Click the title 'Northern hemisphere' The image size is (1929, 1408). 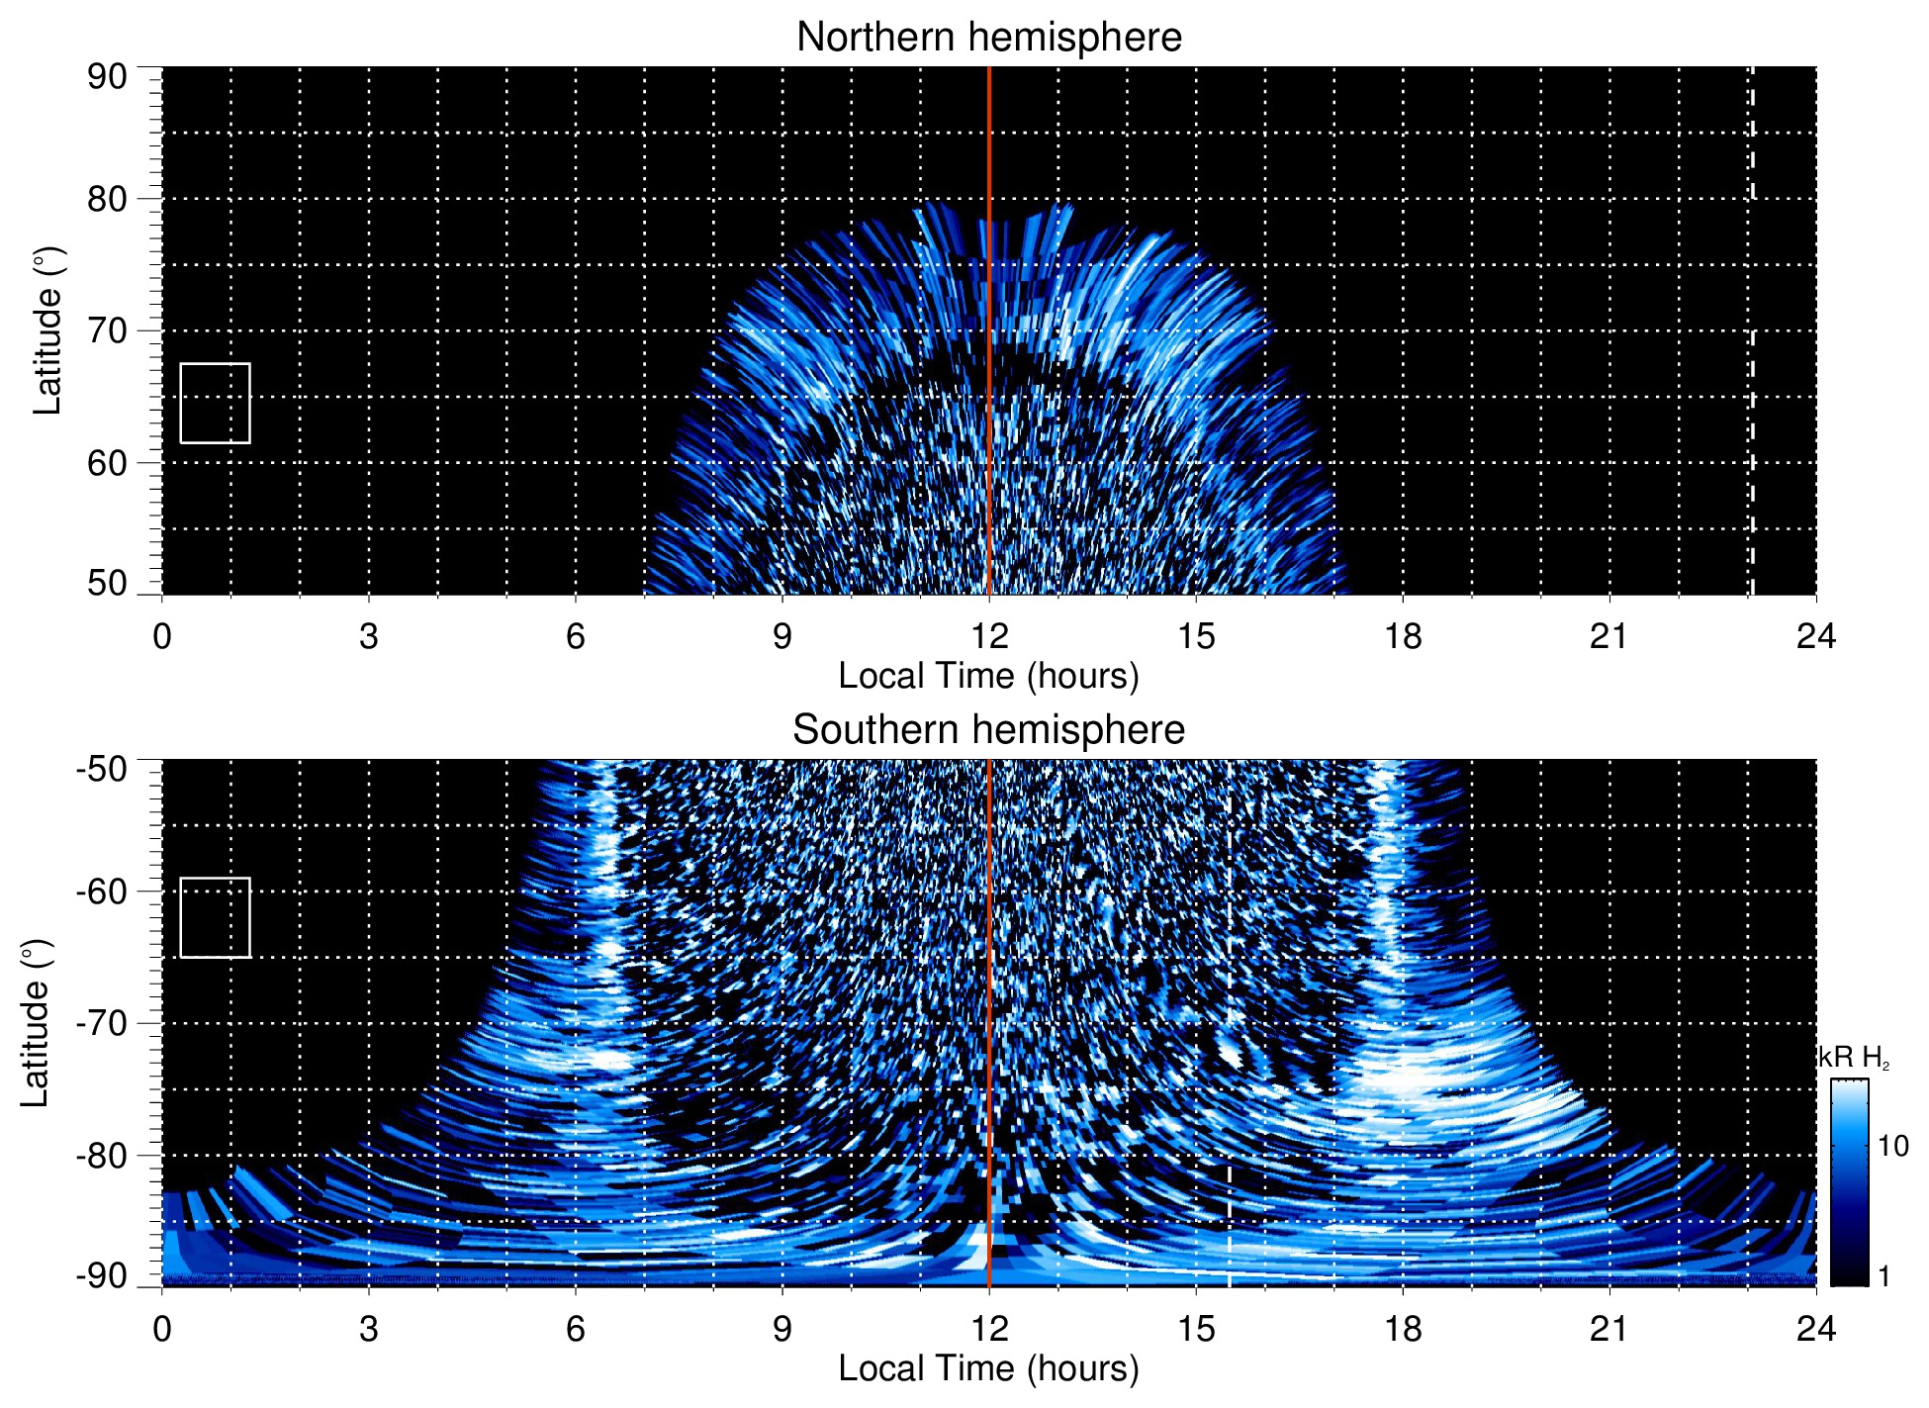988,38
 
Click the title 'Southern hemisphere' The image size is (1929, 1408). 988,730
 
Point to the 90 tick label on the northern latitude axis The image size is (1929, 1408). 107,77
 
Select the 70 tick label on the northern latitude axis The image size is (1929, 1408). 107,330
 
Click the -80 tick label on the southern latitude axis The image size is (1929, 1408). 102,1155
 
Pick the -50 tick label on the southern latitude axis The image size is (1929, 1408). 102,769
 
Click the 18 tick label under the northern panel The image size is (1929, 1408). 1403,636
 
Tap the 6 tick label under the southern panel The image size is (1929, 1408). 576,1329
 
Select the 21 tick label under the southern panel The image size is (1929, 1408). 1609,1329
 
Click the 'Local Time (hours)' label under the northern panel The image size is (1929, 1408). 988,677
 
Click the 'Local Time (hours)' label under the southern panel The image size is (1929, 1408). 988,1369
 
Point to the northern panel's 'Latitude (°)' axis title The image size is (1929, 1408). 47,330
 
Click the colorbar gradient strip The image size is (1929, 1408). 1848,1182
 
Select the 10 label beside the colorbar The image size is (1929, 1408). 1892,1146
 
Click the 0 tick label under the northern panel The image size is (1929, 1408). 162,636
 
